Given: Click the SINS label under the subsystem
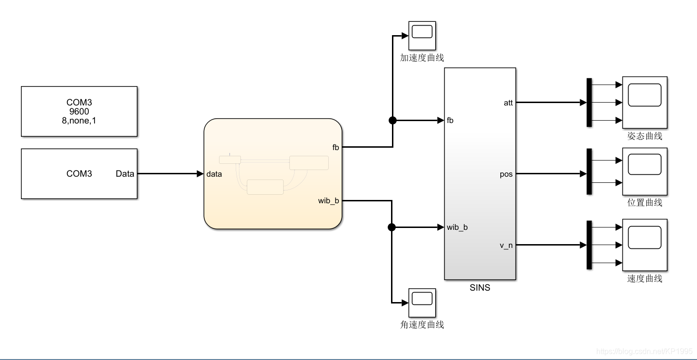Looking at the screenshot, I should (480, 287).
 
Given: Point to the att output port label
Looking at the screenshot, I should (508, 103).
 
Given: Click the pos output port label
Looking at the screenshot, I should (506, 174).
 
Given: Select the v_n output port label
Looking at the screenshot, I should (506, 246).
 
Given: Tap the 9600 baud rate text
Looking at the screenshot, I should (79, 112).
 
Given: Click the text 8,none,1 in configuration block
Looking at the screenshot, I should (79, 121).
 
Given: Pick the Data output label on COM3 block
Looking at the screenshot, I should (125, 174).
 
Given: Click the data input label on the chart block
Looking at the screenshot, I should (214, 174).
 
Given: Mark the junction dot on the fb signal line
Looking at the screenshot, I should (392, 120).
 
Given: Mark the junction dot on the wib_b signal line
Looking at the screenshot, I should (391, 227).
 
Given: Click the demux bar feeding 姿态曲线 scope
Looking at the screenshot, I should (589, 102).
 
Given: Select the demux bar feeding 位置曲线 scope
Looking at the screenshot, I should (589, 171).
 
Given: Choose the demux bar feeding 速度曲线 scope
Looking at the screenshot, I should (589, 245).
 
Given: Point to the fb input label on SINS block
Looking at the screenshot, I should (450, 121).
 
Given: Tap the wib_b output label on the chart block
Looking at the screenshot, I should (328, 201).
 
